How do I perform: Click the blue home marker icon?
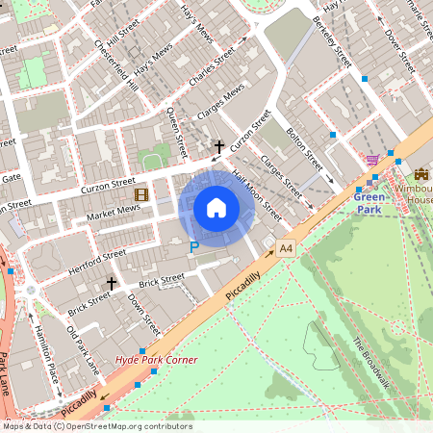click(216, 208)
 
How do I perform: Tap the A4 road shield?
click(286, 248)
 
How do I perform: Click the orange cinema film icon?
click(141, 195)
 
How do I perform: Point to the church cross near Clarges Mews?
click(219, 147)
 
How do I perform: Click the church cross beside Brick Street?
click(112, 284)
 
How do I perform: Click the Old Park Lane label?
click(83, 350)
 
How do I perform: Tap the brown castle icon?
click(421, 174)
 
